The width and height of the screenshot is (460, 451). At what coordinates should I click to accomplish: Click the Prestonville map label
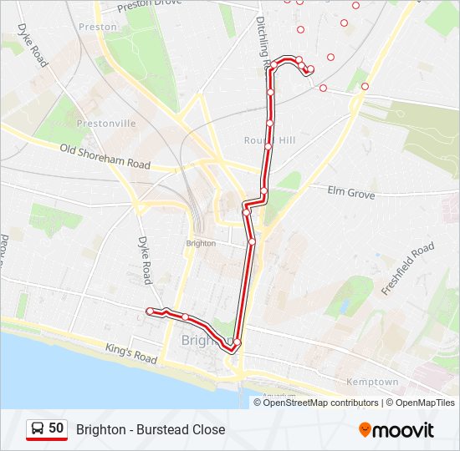click(x=105, y=124)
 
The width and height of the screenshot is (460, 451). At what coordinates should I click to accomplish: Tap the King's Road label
click(x=131, y=353)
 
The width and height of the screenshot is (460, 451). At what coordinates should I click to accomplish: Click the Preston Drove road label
click(x=150, y=5)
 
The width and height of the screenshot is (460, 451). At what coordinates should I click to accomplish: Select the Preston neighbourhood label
click(x=98, y=27)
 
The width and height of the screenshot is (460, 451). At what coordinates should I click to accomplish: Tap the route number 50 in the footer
click(x=56, y=429)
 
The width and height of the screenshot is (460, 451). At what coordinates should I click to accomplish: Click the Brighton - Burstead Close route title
click(x=151, y=429)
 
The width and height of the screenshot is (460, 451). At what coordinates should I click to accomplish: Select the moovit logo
click(x=396, y=430)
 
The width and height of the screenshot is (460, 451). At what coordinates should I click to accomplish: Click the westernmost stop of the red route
click(x=150, y=312)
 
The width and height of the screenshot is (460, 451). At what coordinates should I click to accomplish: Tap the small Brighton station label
click(x=201, y=243)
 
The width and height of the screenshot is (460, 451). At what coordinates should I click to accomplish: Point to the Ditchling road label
click(x=263, y=42)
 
